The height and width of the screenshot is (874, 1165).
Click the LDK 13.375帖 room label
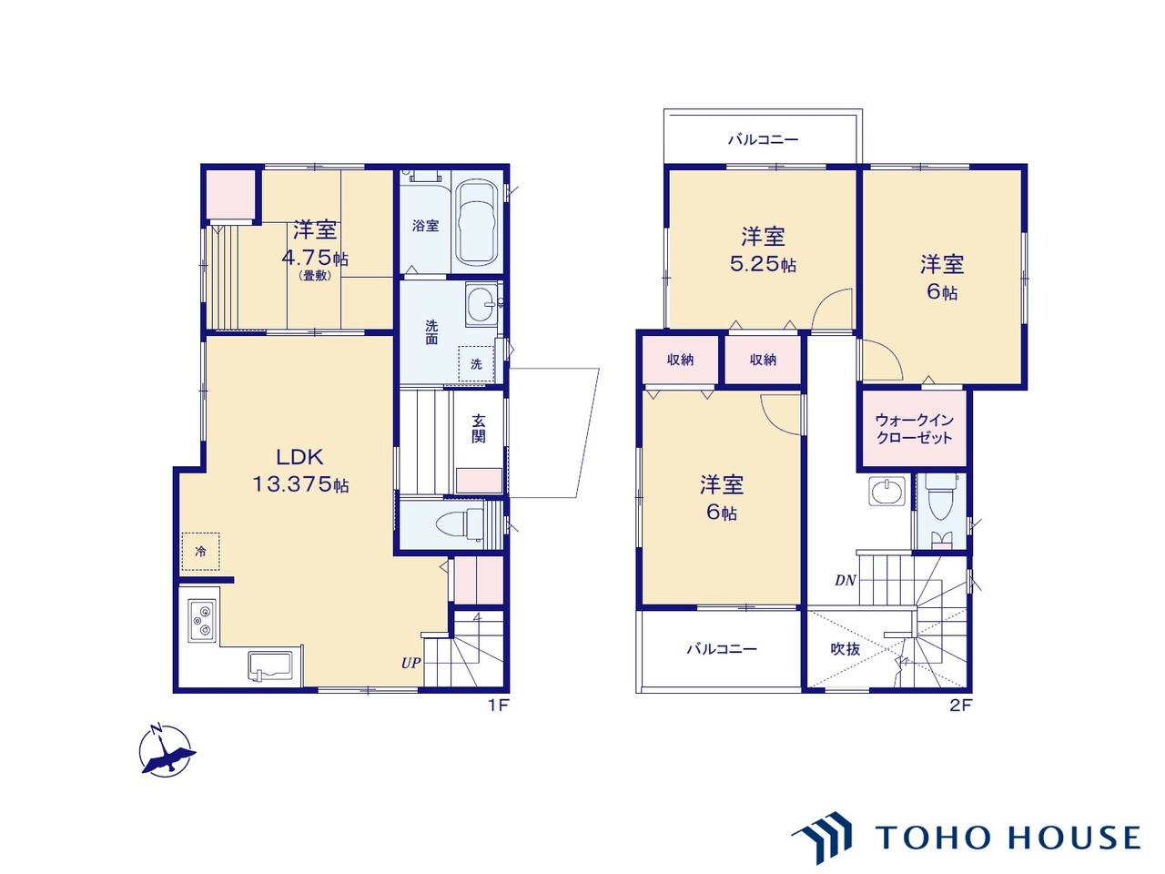pos(299,470)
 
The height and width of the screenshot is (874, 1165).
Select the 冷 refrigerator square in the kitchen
pos(200,552)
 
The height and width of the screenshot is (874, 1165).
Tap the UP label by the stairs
pos(410,663)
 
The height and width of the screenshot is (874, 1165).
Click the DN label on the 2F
pos(845,581)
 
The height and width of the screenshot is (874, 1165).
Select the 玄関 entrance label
pos(478,430)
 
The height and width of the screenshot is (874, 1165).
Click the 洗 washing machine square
pos(476,364)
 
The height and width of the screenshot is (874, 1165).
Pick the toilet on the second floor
pos(939,495)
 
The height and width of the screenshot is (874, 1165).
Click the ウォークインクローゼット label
pos(914,430)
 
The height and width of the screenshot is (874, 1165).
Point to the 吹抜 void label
pos(846,648)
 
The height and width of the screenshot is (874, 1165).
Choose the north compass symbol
pos(167,750)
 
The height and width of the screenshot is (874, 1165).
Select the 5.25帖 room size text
pos(763,264)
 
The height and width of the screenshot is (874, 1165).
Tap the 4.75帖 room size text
pos(315,258)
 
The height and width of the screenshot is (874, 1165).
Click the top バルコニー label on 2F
pos(763,139)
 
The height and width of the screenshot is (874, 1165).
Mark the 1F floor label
pos(499,706)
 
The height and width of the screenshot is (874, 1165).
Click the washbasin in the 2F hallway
pos(886,492)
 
